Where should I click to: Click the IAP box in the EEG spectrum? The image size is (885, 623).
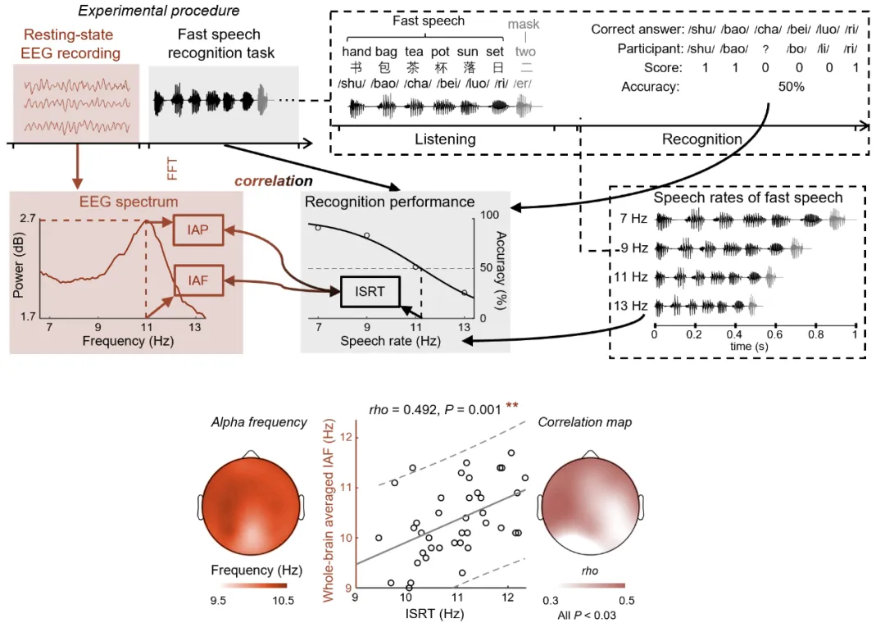coord(198,230)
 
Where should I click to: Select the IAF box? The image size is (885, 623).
coord(198,280)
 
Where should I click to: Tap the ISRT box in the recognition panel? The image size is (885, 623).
coord(370,292)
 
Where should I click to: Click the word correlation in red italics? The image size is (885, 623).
coord(273,180)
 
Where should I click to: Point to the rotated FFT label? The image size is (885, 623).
coord(172,169)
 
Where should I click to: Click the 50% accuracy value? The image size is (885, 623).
coord(791,86)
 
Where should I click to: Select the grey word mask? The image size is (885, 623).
coord(523,24)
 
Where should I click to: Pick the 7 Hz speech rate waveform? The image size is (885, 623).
coord(756,219)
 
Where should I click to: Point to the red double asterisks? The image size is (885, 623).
coord(512,406)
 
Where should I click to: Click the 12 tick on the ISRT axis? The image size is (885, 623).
coord(507,597)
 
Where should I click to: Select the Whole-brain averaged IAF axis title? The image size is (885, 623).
coord(329,511)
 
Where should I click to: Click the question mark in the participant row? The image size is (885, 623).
coord(765,49)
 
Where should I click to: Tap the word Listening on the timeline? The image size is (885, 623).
coord(445,139)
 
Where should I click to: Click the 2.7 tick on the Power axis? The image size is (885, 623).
coord(28,218)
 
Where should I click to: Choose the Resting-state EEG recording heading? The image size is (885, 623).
coord(70,44)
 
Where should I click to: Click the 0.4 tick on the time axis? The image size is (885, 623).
coord(733,334)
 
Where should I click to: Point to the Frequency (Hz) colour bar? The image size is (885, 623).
coord(254,586)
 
